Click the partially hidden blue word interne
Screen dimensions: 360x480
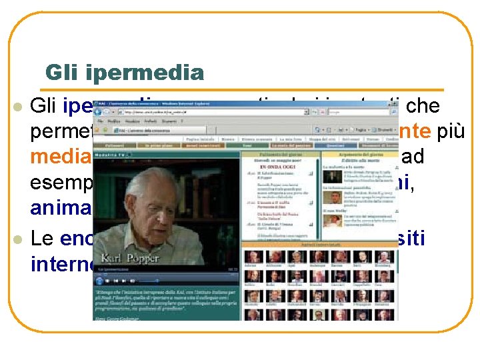coord(61,263)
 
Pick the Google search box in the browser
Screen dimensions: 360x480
coord(351,113)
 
